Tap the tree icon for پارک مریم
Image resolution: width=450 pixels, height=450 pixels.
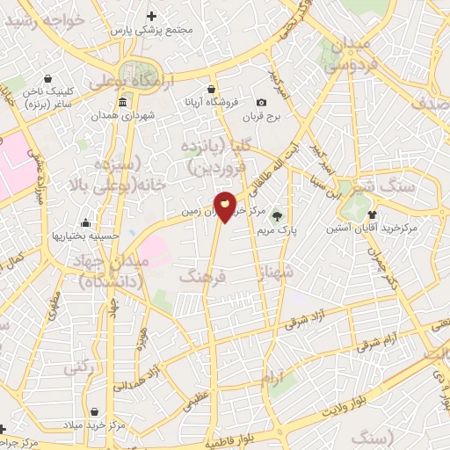pyautogui.click(x=277, y=215)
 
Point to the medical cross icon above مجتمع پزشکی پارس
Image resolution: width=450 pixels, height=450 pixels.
pyautogui.click(x=152, y=16)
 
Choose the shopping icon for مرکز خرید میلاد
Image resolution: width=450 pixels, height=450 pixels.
pyautogui.click(x=95, y=410)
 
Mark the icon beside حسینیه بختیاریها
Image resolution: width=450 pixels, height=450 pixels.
pyautogui.click(x=85, y=222)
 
